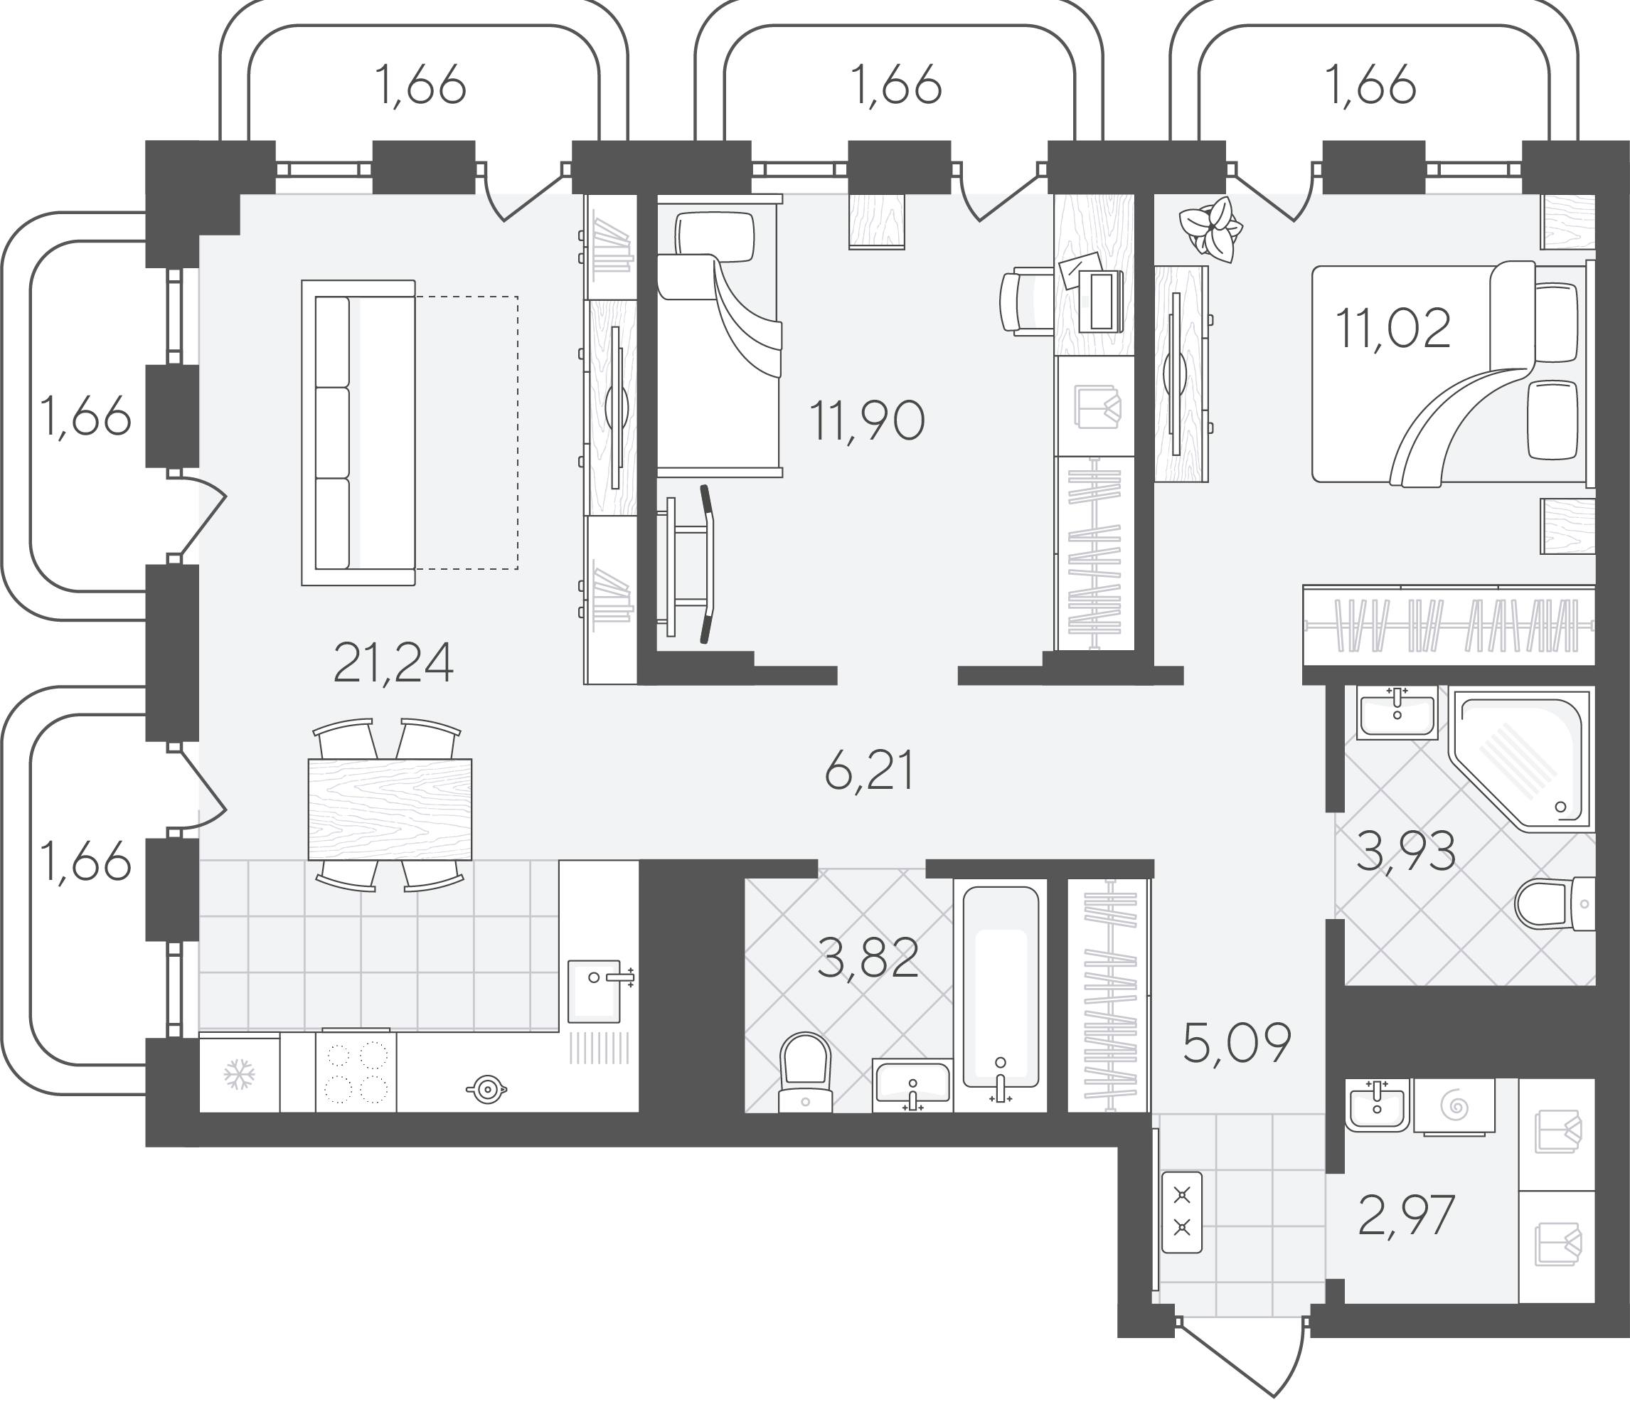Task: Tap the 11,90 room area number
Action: click(867, 420)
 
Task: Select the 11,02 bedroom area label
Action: click(1393, 328)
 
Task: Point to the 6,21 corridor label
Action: click(870, 771)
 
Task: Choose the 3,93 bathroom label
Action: click(1405, 851)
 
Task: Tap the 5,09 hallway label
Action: click(1237, 1042)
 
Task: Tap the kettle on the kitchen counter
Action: click(486, 1090)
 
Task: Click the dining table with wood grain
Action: click(390, 809)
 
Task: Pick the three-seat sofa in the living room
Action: click(358, 432)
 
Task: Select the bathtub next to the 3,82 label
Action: click(1000, 994)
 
